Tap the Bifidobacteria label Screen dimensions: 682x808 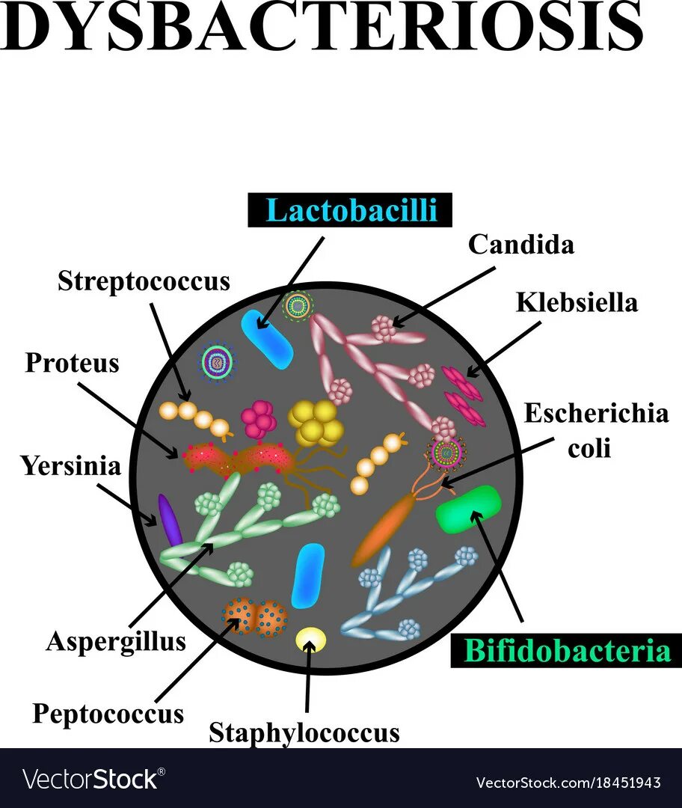(x=567, y=650)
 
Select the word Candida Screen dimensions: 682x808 (x=521, y=245)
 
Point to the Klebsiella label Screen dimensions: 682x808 (x=577, y=302)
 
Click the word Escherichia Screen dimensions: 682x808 (x=595, y=413)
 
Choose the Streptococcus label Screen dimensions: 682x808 (x=144, y=281)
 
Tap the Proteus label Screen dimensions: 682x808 (x=72, y=363)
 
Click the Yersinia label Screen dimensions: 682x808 (x=70, y=466)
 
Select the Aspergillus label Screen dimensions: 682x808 (x=115, y=641)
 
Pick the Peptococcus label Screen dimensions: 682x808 (x=108, y=713)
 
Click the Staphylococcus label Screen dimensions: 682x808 (x=304, y=732)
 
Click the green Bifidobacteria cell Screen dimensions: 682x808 (x=469, y=509)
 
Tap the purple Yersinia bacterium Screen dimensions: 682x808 (x=170, y=519)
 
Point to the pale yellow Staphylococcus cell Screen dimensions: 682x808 (x=311, y=639)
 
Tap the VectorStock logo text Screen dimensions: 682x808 (x=93, y=779)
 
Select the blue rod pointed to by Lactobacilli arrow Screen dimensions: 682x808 (x=267, y=337)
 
